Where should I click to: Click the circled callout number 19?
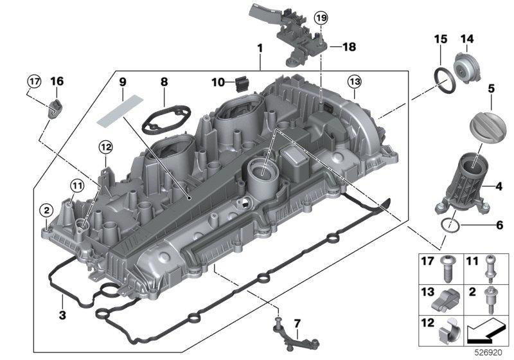coord(321,19)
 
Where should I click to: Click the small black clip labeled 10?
coord(243,83)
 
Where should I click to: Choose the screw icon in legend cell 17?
coord(447,266)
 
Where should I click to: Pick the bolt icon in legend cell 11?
coord(492,266)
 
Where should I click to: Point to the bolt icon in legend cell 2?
coord(492,300)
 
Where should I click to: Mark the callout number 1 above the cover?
coord(260,48)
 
